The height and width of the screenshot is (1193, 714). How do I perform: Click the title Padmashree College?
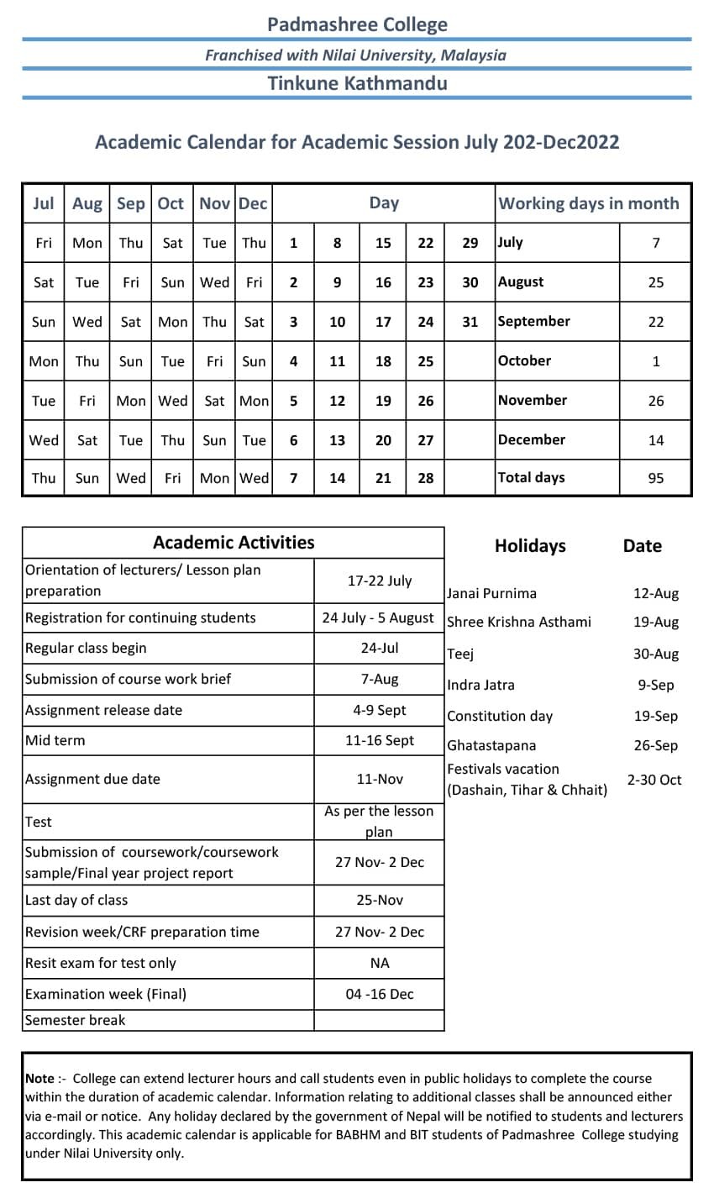357,24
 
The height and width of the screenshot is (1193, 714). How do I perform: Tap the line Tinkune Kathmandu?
357,83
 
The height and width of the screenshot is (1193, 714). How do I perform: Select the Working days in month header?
588,203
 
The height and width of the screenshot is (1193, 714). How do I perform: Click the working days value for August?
655,282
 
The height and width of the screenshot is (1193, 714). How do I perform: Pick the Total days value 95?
655,478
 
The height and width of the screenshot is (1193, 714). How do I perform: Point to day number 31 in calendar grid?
470,322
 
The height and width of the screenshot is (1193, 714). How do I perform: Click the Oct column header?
171,203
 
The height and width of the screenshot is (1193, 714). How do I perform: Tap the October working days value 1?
655,361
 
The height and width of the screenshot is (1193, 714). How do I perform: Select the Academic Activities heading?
234,543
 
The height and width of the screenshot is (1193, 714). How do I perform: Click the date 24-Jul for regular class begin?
379,649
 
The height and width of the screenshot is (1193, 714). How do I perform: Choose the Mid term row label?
55,740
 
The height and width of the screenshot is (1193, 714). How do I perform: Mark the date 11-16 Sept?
379,740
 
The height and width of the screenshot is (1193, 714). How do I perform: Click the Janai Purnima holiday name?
491,593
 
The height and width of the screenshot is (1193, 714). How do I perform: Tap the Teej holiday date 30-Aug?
655,654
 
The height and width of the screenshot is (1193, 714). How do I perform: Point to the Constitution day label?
500,717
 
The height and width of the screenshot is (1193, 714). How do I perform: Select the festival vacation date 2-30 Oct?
654,780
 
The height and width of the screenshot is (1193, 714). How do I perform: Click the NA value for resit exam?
379,963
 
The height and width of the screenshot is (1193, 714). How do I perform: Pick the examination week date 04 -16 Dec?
379,994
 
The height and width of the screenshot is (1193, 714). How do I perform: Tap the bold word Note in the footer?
39,1078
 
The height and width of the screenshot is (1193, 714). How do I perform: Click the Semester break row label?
75,1020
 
